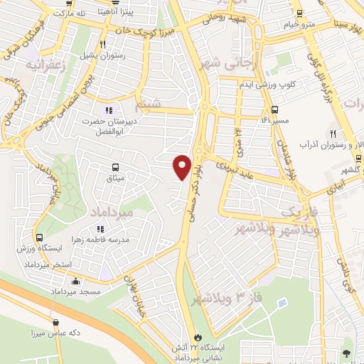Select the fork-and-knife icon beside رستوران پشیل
point(103,44)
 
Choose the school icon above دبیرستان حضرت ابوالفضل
point(109,109)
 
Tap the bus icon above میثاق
point(114,168)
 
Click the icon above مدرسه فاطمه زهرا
point(100,229)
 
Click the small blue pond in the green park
point(283,303)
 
